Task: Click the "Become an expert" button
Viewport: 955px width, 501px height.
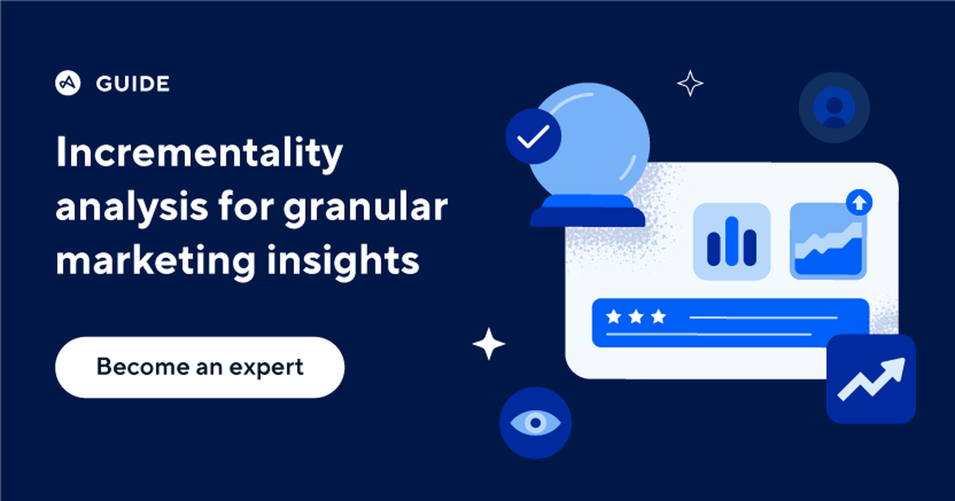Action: [x=200, y=367]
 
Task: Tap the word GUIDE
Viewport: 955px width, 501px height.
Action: [x=133, y=84]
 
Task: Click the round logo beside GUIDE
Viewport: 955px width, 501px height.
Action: [x=68, y=83]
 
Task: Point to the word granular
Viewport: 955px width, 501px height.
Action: [x=365, y=208]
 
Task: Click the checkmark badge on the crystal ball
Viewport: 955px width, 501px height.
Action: [x=533, y=137]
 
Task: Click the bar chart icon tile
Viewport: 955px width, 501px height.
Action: [x=732, y=241]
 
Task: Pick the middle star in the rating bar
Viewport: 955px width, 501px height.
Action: [x=636, y=317]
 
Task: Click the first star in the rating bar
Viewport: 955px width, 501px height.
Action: [x=613, y=317]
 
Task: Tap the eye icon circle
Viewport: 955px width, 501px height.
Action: [x=535, y=423]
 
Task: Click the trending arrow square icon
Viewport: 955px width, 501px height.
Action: [x=871, y=379]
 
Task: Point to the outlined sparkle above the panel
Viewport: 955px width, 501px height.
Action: [x=690, y=83]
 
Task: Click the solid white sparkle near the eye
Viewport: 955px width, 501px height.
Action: [x=489, y=344]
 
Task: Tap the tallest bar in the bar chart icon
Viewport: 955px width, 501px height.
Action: [x=732, y=240]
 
